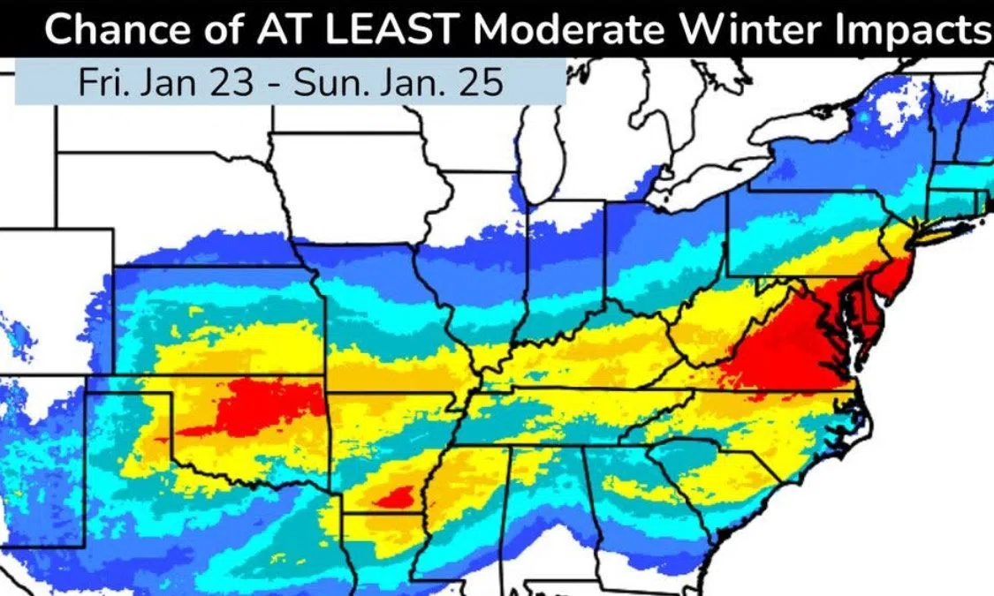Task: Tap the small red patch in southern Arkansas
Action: (x=393, y=499)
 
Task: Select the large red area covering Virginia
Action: (x=778, y=349)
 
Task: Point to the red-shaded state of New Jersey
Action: (x=894, y=274)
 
